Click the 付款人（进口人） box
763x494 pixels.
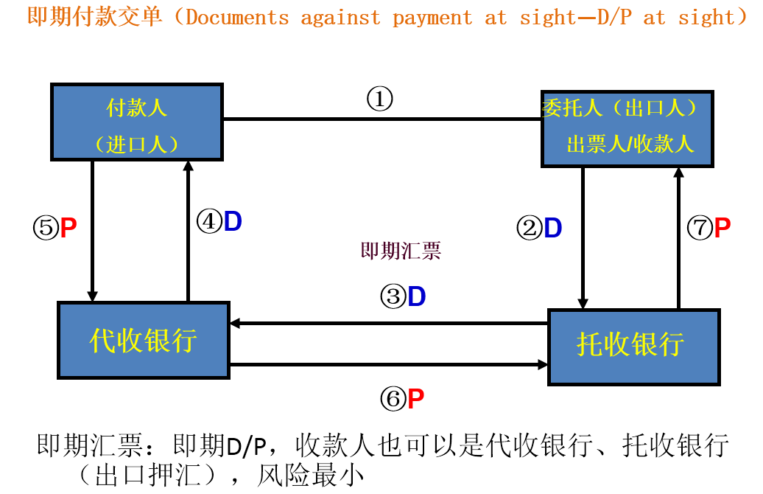coord(137,122)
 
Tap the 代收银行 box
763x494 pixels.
coord(144,340)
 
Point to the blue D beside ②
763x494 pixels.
coord(553,229)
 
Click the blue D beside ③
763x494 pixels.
coord(417,297)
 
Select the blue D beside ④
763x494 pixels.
coord(233,222)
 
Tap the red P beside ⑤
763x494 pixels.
coord(68,228)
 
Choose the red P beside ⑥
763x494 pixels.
coord(416,400)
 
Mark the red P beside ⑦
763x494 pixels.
coord(722,228)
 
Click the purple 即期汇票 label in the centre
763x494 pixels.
coord(401,251)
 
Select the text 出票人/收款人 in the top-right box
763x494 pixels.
coord(630,144)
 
